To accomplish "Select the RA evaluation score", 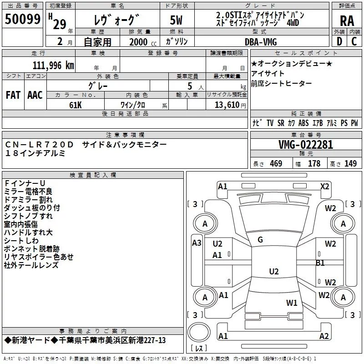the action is click(x=347, y=20).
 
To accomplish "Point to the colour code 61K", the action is click(x=76, y=104).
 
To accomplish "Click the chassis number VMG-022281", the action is click(x=306, y=145).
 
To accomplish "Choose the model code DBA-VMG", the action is click(x=261, y=42).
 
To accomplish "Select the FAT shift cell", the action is click(x=13, y=95).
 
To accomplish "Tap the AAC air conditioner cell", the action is click(x=35, y=95).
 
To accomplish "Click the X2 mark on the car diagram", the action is click(x=324, y=186).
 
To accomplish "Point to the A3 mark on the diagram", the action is click(x=197, y=243).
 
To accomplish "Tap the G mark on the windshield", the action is click(x=260, y=240).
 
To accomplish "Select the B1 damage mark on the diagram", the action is click(x=320, y=263).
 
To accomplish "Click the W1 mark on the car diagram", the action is click(x=292, y=303).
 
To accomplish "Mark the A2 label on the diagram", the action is click(x=324, y=336).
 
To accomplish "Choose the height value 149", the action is click(x=350, y=164).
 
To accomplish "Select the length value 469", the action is click(x=276, y=164).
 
